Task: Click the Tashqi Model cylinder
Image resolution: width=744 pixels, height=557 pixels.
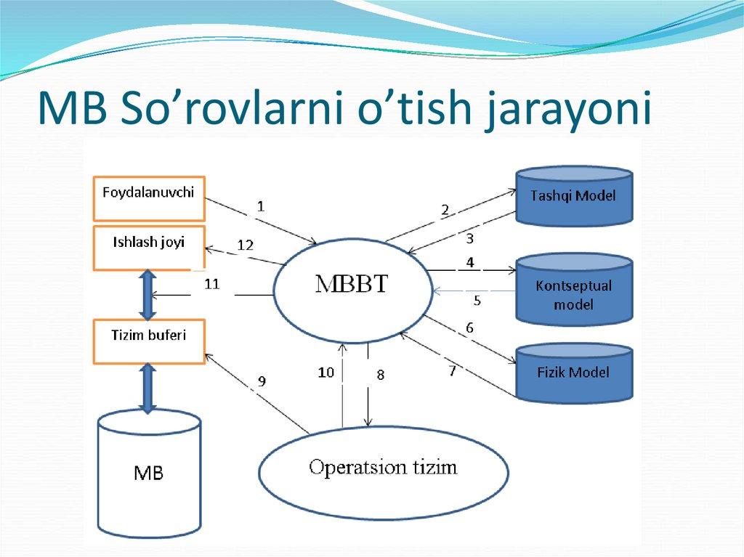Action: [573, 195]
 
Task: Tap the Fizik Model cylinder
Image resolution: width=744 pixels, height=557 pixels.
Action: [573, 373]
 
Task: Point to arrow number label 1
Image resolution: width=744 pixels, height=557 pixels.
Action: [261, 206]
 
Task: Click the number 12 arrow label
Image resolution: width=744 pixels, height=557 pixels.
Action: [245, 245]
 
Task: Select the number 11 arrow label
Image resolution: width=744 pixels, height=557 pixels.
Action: [211, 284]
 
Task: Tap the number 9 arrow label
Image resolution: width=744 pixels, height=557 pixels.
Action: [262, 381]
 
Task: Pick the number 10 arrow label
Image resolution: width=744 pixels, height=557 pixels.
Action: [325, 373]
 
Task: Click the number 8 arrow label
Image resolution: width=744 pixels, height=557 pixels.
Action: [380, 375]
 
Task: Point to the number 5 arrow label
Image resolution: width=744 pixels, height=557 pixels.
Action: [477, 298]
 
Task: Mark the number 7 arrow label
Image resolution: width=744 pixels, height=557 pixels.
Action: [452, 371]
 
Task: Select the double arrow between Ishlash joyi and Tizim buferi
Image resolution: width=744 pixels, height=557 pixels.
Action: [149, 295]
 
